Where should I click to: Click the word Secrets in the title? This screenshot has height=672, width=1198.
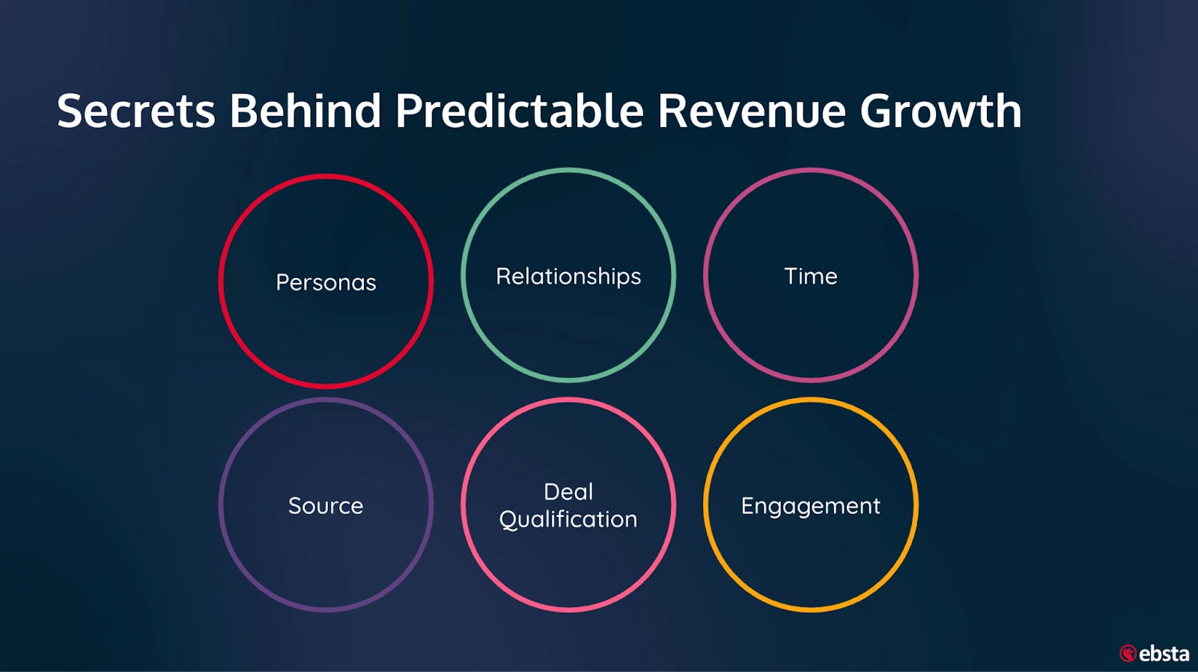pyautogui.click(x=136, y=111)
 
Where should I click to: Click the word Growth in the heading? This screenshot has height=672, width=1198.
pyautogui.click(x=940, y=111)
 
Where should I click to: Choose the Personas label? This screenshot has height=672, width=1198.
pyautogui.click(x=326, y=282)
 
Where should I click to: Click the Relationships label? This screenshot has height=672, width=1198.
pyautogui.click(x=568, y=277)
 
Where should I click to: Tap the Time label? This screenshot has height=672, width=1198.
pyautogui.click(x=810, y=276)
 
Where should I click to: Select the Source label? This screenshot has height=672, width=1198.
pyautogui.click(x=326, y=506)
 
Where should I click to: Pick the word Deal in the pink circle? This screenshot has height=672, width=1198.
pyautogui.click(x=568, y=492)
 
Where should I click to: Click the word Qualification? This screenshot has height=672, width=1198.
pyautogui.click(x=568, y=519)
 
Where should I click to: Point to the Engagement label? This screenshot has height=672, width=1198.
pyautogui.click(x=810, y=507)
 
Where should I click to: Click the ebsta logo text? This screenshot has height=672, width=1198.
pyautogui.click(x=1164, y=653)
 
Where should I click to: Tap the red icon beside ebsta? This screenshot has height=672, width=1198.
pyautogui.click(x=1128, y=653)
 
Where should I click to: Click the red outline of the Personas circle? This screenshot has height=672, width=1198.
pyautogui.click(x=326, y=176)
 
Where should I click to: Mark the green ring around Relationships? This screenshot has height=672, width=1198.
pyautogui.click(x=568, y=170)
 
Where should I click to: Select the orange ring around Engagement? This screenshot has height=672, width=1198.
pyautogui.click(x=810, y=400)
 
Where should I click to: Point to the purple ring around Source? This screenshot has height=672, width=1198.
pyautogui.click(x=326, y=400)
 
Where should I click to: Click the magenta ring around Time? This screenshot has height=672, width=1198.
pyautogui.click(x=810, y=170)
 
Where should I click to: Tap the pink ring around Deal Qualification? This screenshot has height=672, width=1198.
pyautogui.click(x=568, y=400)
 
